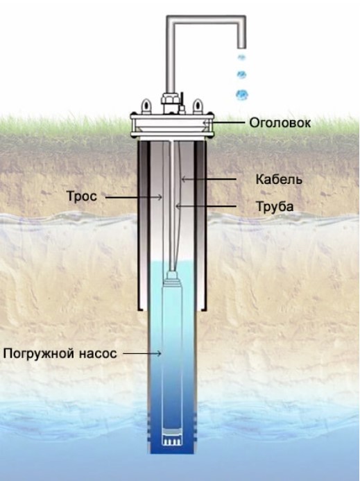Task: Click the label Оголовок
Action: pyautogui.click(x=280, y=123)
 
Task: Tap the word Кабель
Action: pyautogui.click(x=279, y=180)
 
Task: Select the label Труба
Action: pyautogui.click(x=275, y=207)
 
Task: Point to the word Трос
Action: pyautogui.click(x=82, y=196)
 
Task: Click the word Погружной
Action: pyautogui.click(x=39, y=354)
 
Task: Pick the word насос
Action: pyautogui.click(x=98, y=354)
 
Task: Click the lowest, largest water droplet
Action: pyautogui.click(x=242, y=95)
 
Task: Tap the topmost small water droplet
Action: pyautogui.click(x=241, y=57)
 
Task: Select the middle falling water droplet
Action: pyautogui.click(x=241, y=74)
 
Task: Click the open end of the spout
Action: pyautogui.click(x=241, y=48)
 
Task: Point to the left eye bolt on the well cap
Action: pyautogui.click(x=146, y=106)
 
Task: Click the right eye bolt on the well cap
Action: pyautogui.click(x=198, y=106)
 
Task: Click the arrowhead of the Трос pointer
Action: pyautogui.click(x=160, y=197)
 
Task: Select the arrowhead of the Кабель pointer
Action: pyautogui.click(x=183, y=179)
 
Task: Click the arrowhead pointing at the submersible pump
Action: pyautogui.click(x=159, y=354)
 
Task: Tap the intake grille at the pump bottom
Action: pyautogui.click(x=172, y=441)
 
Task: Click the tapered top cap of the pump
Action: pyautogui.click(x=172, y=276)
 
